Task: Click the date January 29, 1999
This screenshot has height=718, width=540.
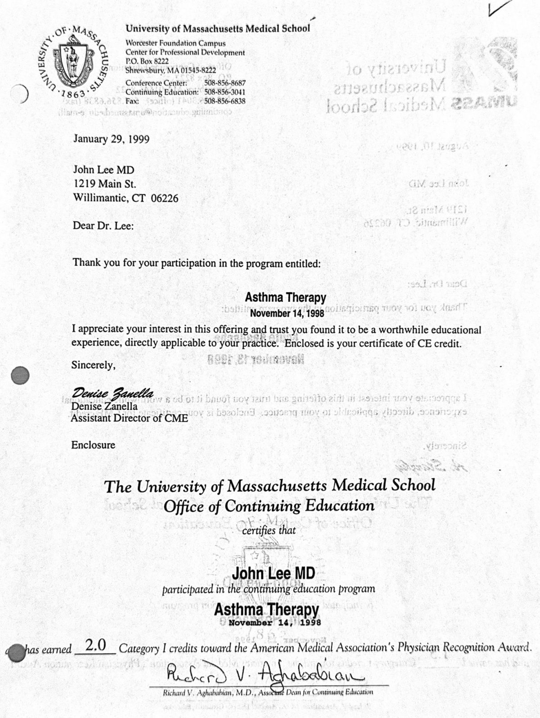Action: point(111,139)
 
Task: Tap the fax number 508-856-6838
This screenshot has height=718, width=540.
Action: point(225,101)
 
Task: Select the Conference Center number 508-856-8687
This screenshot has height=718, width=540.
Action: point(225,83)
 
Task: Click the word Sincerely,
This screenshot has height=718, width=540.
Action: point(94,365)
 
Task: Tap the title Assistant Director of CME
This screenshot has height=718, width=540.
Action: point(130,418)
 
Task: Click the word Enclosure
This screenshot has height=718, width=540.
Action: point(93,445)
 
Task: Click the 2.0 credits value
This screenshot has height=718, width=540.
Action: point(95,646)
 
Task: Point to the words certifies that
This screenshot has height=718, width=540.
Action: point(269,530)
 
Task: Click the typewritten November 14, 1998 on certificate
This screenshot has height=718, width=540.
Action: point(274,623)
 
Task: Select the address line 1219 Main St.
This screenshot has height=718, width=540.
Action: point(104,184)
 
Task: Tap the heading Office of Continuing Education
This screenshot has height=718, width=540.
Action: point(269,507)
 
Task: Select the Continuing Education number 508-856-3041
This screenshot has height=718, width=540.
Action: point(225,92)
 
